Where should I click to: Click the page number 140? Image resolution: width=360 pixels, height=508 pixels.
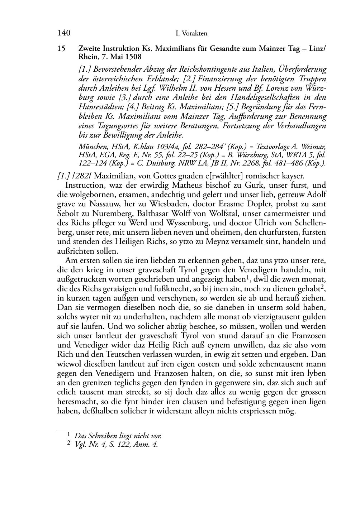63,33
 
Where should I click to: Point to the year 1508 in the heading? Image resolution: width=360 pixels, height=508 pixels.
133,57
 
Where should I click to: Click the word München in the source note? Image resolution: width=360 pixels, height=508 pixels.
90,147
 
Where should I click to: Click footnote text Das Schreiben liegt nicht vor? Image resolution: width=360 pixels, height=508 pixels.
118,436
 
